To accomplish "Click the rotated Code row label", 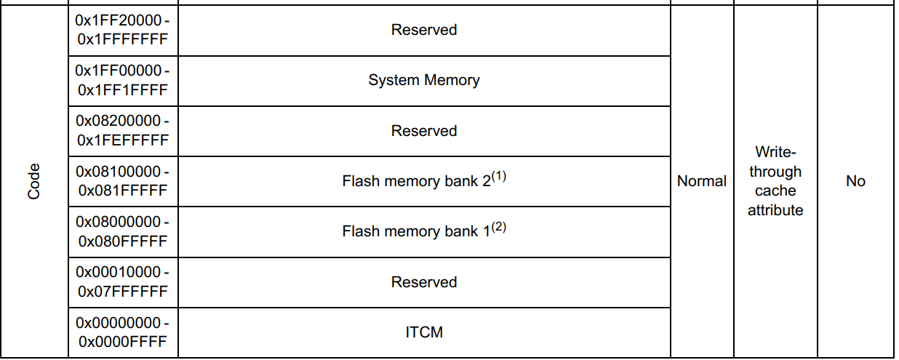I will point(34,181).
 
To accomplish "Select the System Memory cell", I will point(423,80).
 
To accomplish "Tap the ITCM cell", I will point(423,332).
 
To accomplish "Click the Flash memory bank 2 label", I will point(416,182).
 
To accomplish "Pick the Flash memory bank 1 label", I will point(416,232).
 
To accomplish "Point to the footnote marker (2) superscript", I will point(499,227).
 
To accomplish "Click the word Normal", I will point(701,181).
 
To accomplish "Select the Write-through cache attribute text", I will point(775,181).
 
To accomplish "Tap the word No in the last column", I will point(855,181).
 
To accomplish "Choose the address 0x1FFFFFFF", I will point(122,39).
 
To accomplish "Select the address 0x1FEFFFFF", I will point(122,140).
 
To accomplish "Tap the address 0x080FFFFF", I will point(122,241).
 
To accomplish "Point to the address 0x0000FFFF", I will point(122,342).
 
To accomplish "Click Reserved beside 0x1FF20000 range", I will point(423,30).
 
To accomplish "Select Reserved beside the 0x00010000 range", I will point(423,282).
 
